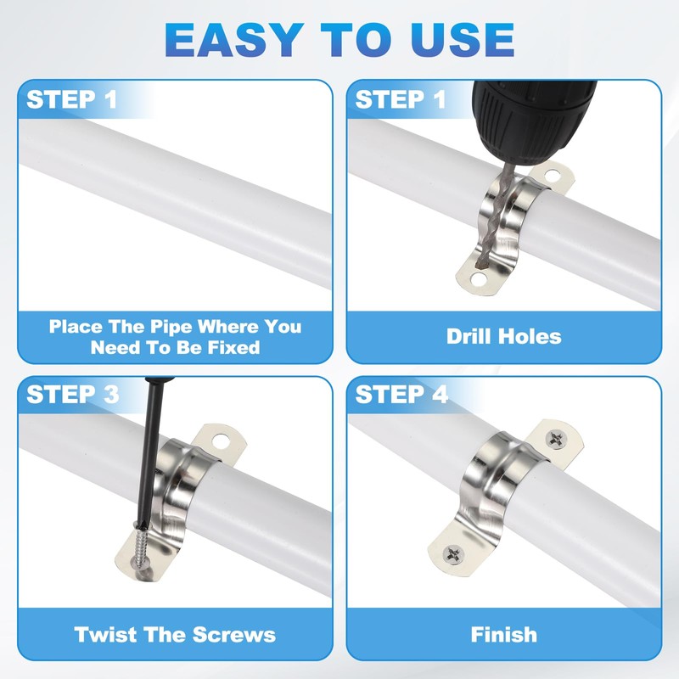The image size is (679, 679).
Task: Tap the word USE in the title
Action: click(x=463, y=40)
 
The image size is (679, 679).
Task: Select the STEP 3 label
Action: click(x=73, y=395)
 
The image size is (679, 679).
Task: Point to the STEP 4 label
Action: click(x=401, y=395)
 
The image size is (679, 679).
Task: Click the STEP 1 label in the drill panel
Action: click(x=401, y=99)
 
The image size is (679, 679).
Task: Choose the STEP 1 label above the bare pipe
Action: click(x=72, y=99)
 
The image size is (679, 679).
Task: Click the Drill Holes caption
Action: click(x=503, y=336)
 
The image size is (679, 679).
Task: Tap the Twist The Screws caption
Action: click(x=175, y=634)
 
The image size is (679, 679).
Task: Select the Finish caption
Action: click(x=503, y=634)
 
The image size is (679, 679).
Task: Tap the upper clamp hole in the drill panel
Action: click(x=553, y=176)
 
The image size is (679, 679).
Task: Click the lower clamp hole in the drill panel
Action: click(x=479, y=279)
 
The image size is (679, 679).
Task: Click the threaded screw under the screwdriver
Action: click(x=143, y=546)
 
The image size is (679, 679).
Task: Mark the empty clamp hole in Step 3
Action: click(x=221, y=441)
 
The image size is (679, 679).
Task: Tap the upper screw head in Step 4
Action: click(x=556, y=439)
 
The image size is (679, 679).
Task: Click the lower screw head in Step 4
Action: click(x=453, y=554)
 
